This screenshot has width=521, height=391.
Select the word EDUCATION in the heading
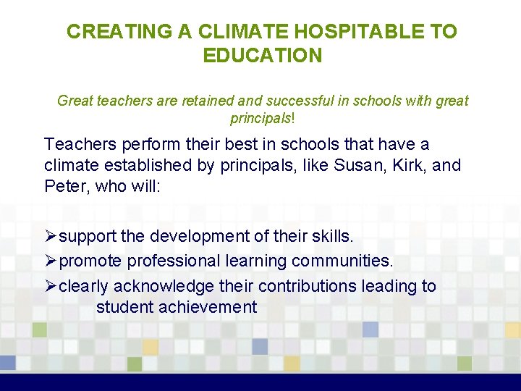262,56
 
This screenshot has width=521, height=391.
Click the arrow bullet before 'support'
50,237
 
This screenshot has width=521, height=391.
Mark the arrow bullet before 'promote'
50,261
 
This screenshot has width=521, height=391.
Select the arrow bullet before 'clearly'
50,286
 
